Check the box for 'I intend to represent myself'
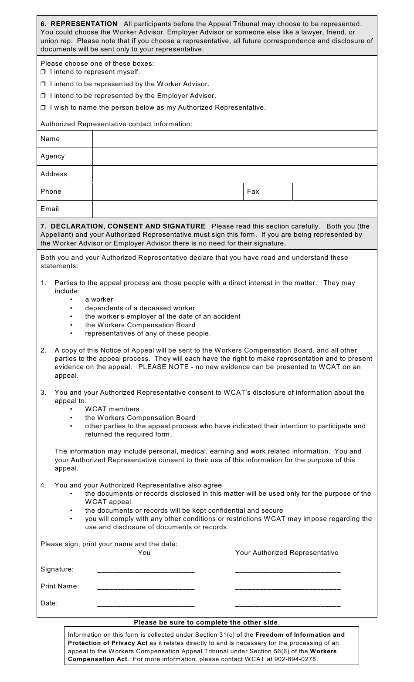(x=43, y=72)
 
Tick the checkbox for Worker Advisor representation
(x=43, y=84)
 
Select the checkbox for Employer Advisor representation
(x=43, y=96)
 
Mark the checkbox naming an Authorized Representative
(x=43, y=108)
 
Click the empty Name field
(x=234, y=139)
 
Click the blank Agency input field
(x=234, y=156)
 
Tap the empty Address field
(x=234, y=174)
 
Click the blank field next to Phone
(x=168, y=191)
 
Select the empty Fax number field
(x=334, y=191)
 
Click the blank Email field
(x=234, y=209)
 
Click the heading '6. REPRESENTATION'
(x=79, y=24)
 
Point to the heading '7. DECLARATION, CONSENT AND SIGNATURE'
(x=123, y=226)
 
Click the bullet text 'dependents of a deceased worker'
(x=140, y=308)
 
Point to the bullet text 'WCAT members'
(x=112, y=409)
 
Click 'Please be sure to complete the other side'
(x=207, y=622)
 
